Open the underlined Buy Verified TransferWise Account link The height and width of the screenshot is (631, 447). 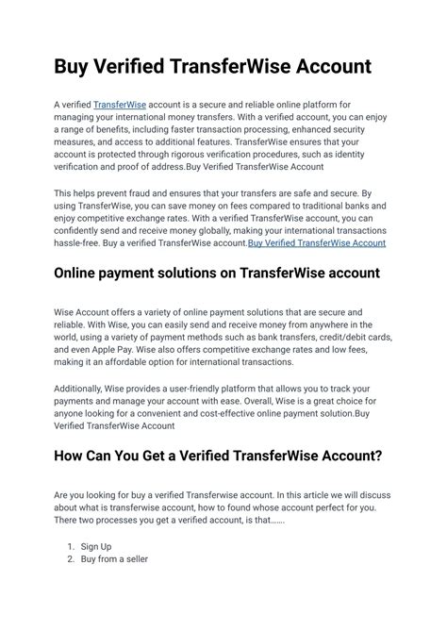(x=316, y=243)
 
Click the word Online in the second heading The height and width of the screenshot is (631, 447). (x=83, y=274)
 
